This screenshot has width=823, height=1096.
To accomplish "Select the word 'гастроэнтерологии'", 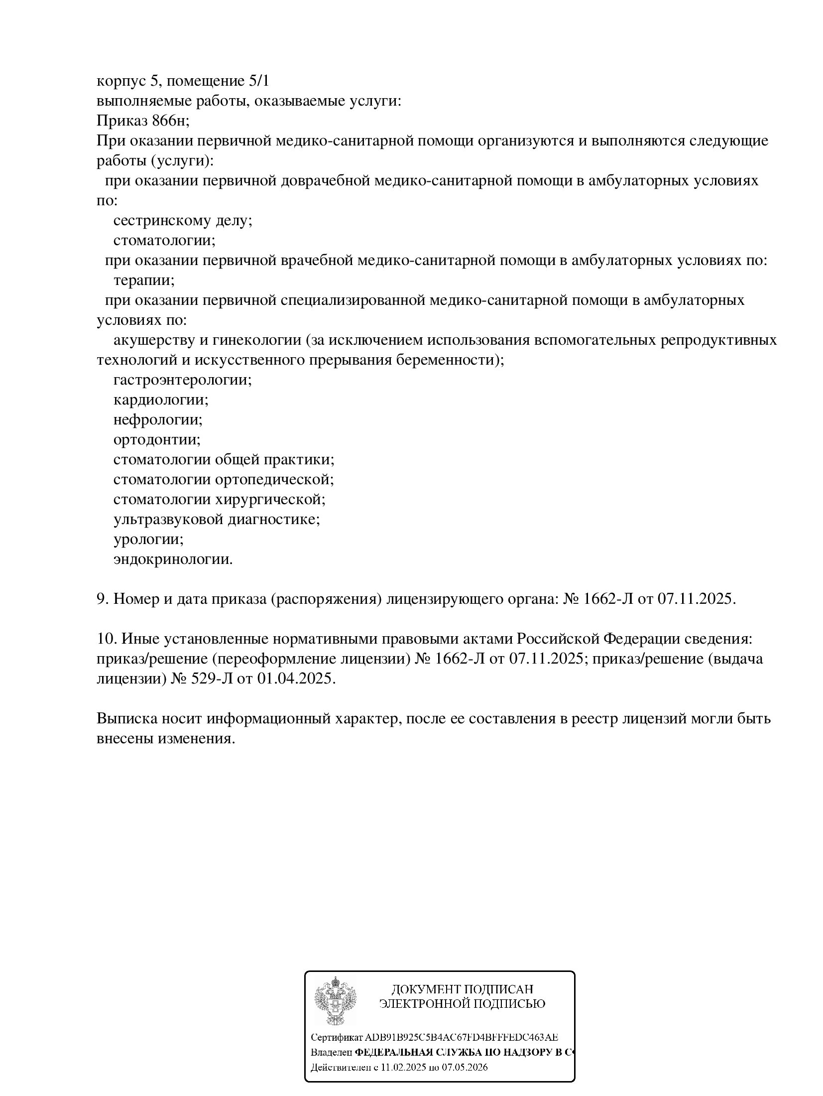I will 182,380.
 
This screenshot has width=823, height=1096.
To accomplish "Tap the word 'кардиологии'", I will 160,400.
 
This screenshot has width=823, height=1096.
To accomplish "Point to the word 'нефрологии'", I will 157,420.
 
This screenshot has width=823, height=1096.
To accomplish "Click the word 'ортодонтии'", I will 156,440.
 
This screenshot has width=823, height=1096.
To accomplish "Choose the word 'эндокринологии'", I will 172,559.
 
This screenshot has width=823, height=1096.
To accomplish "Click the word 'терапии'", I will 143,280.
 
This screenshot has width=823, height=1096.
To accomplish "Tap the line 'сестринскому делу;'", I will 183,221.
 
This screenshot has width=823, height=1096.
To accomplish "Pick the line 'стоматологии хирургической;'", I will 219,500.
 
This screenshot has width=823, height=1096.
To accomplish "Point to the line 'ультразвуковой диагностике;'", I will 217,520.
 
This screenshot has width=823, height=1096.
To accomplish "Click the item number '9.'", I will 103,599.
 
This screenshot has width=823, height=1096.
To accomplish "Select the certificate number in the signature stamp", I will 461,1037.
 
